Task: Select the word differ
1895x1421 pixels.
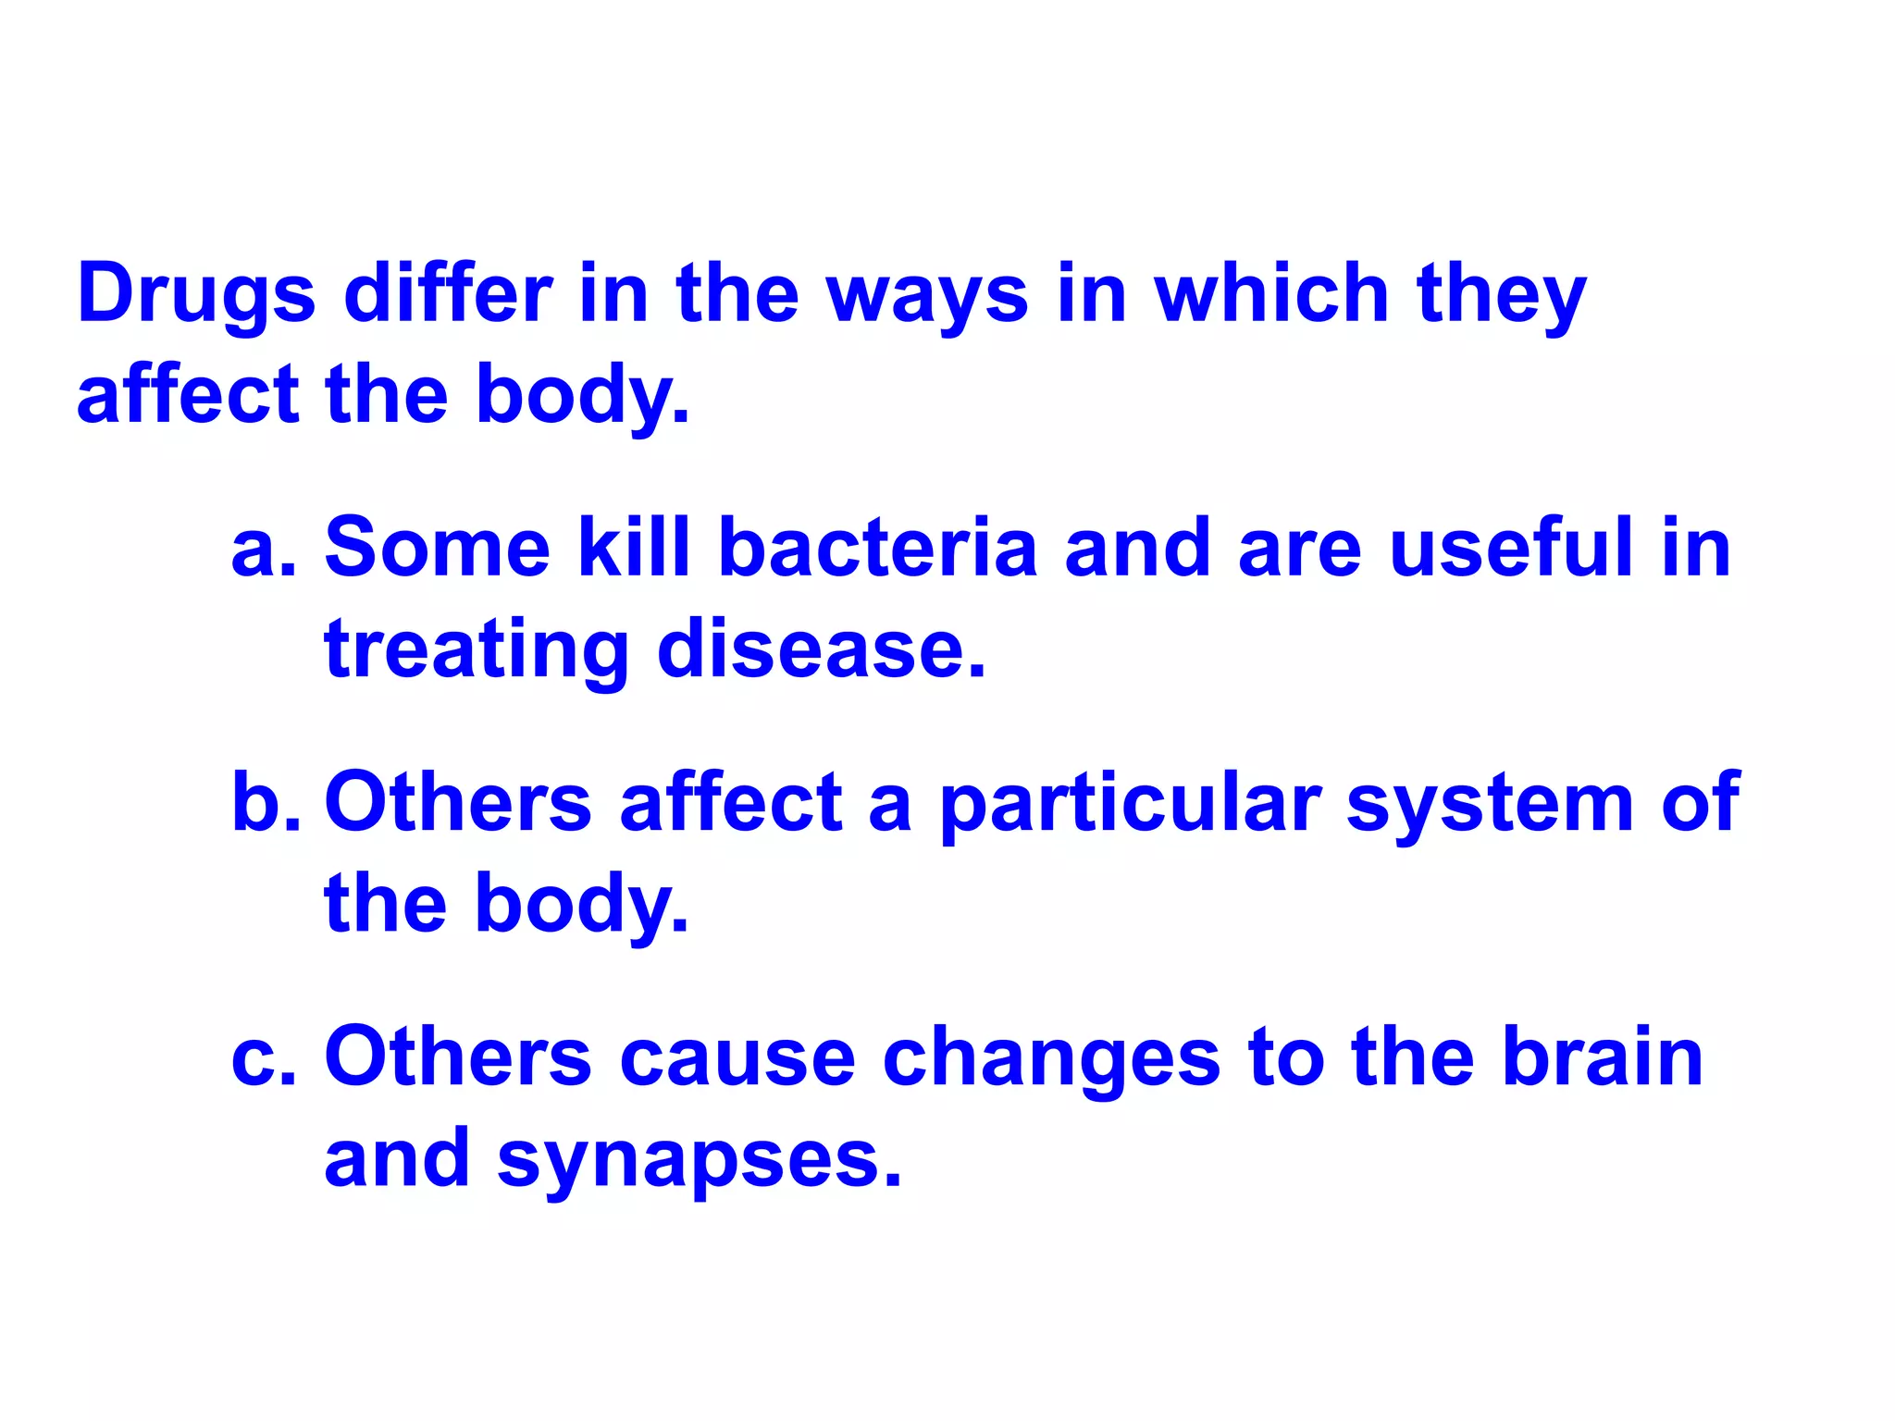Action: pyautogui.click(x=448, y=294)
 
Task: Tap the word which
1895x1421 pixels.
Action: pyautogui.click(x=1271, y=294)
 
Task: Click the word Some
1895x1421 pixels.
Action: pyautogui.click(x=437, y=549)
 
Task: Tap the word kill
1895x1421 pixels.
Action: pyautogui.click(x=634, y=549)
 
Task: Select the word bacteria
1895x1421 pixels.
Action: pyautogui.click(x=877, y=549)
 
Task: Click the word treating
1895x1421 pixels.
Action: pyautogui.click(x=477, y=651)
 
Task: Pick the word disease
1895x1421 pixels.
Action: pyautogui.click(x=822, y=649)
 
